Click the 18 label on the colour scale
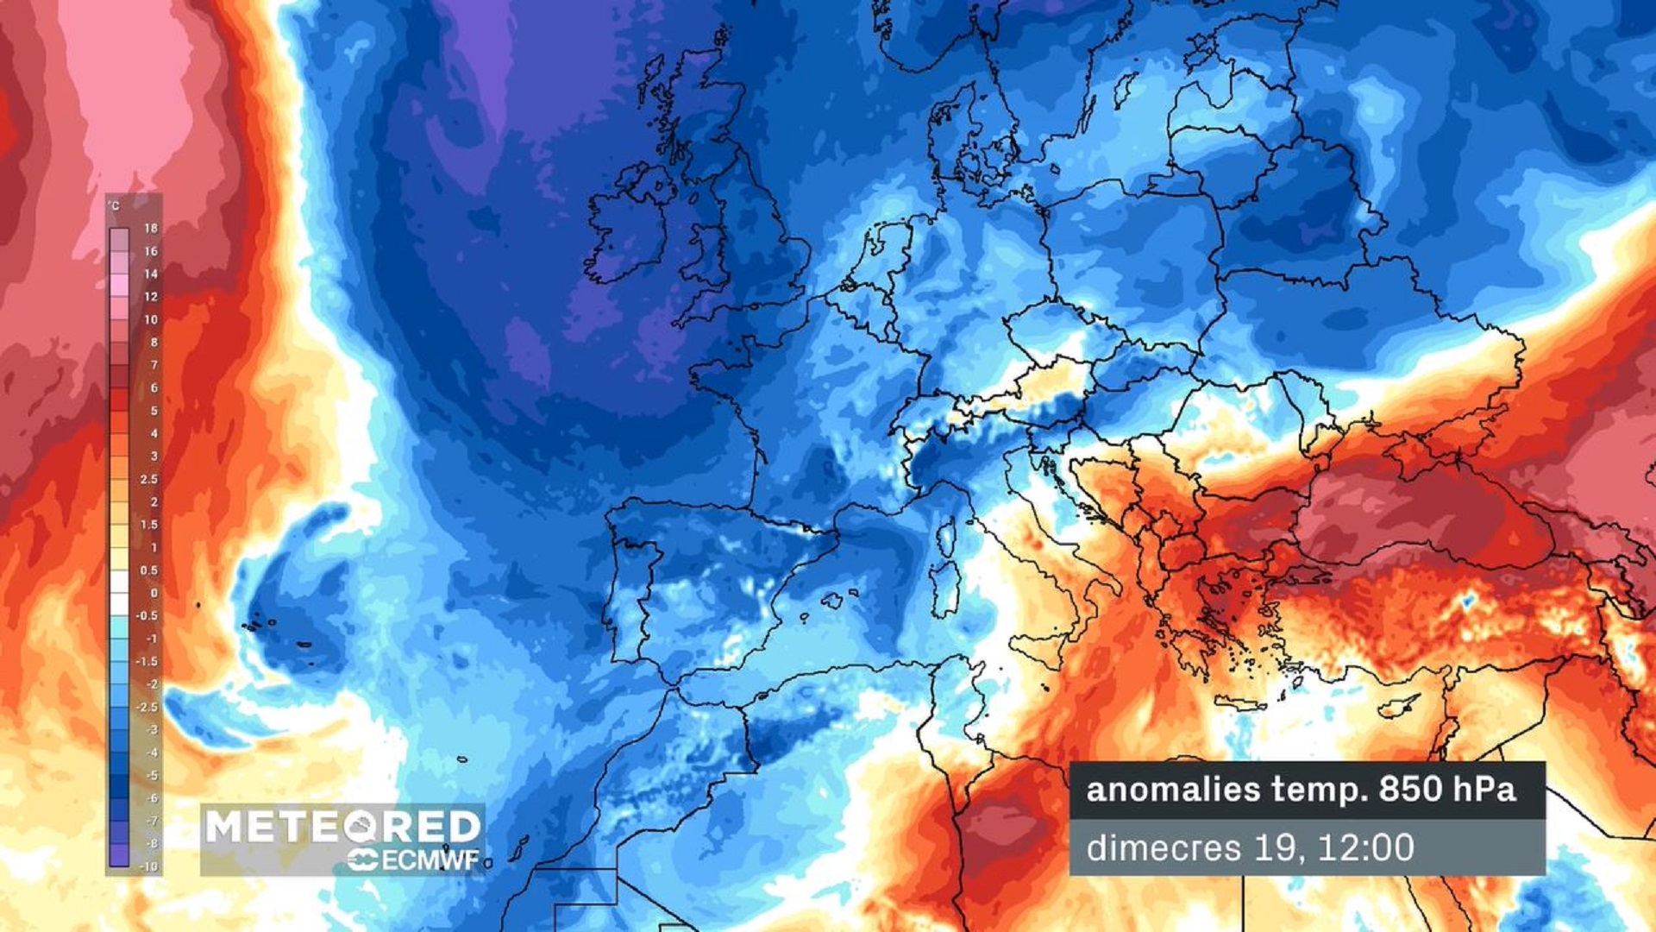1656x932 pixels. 151,228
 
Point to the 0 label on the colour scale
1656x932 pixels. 154,593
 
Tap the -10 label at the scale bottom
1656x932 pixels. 149,866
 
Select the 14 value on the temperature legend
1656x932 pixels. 151,274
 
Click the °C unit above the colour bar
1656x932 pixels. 114,206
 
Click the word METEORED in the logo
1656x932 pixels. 342,827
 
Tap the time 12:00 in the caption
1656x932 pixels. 1366,847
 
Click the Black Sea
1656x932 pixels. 1414,509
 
